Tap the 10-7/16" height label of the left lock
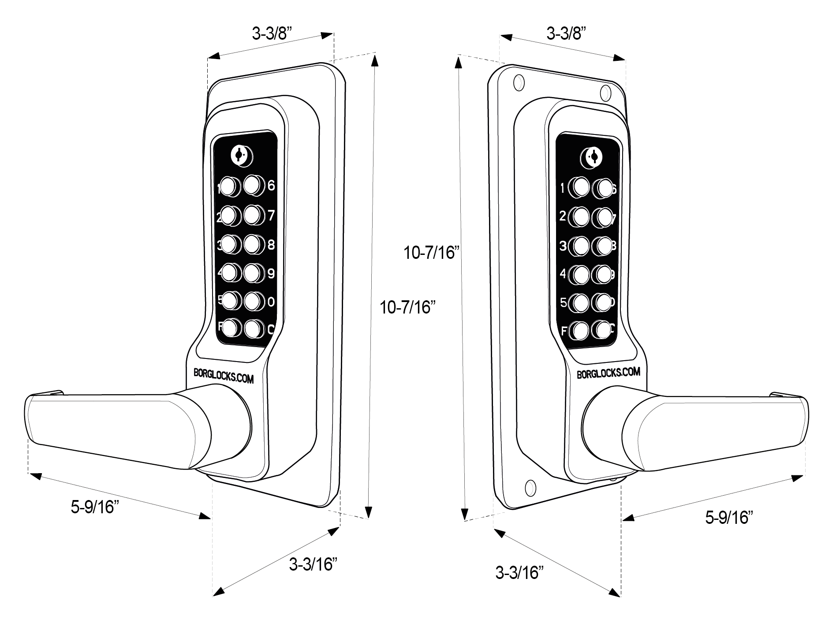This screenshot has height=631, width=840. tap(407, 307)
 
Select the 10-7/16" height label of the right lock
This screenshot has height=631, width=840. tap(432, 253)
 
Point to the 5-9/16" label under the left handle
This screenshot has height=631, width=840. tap(95, 507)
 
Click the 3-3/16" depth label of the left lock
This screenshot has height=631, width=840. tap(313, 564)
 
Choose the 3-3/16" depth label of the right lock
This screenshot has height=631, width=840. tap(519, 573)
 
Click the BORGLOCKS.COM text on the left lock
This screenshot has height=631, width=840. tap(224, 375)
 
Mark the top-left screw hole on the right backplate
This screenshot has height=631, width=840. tap(519, 82)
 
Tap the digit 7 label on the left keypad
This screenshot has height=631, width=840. tap(271, 215)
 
